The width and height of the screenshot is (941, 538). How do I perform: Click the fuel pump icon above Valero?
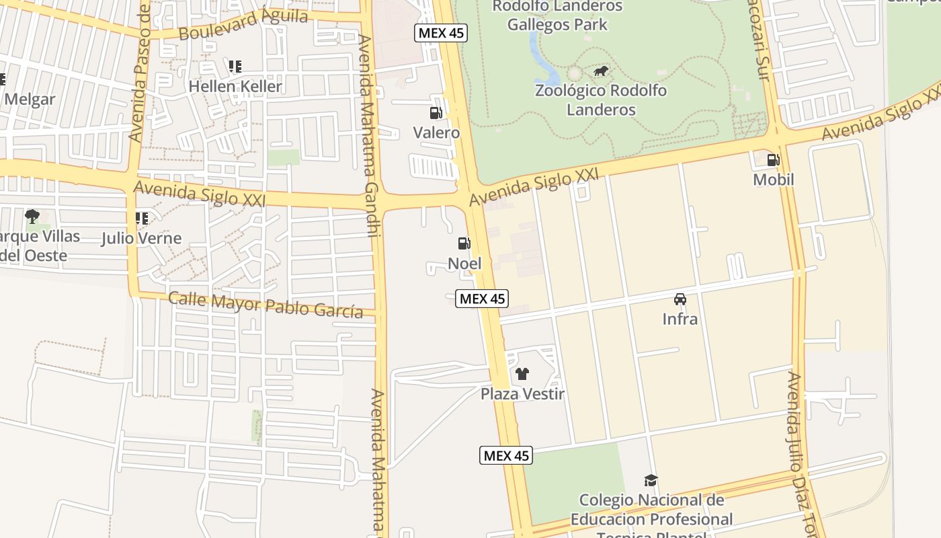tap(436, 113)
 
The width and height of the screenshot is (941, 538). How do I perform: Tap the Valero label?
tap(436, 132)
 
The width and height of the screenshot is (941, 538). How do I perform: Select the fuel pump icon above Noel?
tap(464, 243)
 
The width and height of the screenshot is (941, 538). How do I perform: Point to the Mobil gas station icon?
tap(773, 160)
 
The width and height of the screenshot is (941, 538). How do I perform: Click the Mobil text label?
tap(773, 180)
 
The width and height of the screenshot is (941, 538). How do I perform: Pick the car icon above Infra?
tap(680, 299)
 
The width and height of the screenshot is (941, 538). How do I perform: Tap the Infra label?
tap(680, 319)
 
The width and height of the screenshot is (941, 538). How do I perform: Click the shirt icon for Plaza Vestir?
tap(522, 374)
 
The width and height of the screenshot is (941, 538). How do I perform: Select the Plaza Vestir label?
tap(522, 393)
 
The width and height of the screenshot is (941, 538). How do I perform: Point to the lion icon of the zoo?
tap(600, 71)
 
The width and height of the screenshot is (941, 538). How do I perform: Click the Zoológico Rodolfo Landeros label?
tap(600, 100)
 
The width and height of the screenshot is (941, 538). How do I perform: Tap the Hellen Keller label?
tap(235, 86)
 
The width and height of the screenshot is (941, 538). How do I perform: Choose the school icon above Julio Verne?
tap(141, 218)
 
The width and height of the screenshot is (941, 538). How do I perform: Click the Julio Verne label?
tap(141, 238)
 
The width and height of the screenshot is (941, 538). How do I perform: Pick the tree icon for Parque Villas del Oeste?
tap(32, 216)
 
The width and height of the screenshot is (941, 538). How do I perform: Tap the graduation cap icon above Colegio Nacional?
tap(651, 480)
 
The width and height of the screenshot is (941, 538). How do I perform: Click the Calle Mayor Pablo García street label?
tap(265, 304)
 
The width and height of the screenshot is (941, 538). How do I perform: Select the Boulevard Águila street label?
tap(243, 24)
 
